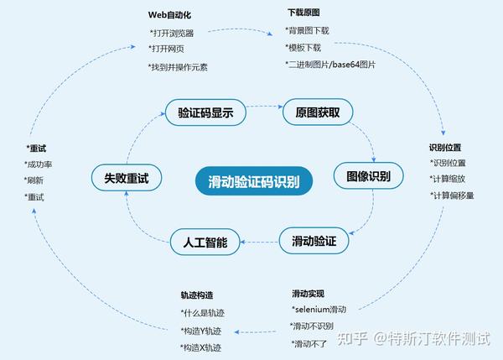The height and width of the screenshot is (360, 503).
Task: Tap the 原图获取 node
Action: pyautogui.click(x=311, y=112)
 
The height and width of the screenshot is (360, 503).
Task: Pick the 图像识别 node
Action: pyautogui.click(x=369, y=176)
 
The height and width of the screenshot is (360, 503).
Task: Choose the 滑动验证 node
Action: pyautogui.click(x=314, y=241)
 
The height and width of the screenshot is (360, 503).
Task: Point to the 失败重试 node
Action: pyautogui.click(x=127, y=177)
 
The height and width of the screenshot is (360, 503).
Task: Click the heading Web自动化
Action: pyautogui.click(x=170, y=14)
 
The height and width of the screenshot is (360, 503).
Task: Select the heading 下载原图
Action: pyautogui.click(x=303, y=13)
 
